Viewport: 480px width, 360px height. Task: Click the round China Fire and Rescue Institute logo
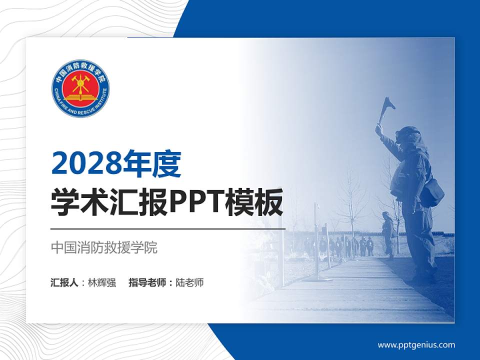click(x=80, y=89)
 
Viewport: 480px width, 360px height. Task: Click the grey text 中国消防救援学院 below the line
click(x=104, y=247)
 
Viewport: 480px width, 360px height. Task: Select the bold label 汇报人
click(x=64, y=282)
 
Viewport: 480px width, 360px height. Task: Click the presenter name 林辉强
click(x=102, y=282)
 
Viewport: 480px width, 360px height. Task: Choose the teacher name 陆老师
click(x=189, y=282)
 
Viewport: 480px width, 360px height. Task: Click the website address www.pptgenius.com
click(x=416, y=344)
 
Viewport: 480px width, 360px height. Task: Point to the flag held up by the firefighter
click(x=387, y=105)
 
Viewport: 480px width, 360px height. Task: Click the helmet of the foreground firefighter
click(x=408, y=134)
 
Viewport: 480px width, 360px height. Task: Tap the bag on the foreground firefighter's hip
click(x=432, y=192)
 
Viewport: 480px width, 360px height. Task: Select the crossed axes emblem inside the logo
click(x=80, y=84)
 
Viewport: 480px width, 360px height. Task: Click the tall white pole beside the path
click(x=316, y=240)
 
